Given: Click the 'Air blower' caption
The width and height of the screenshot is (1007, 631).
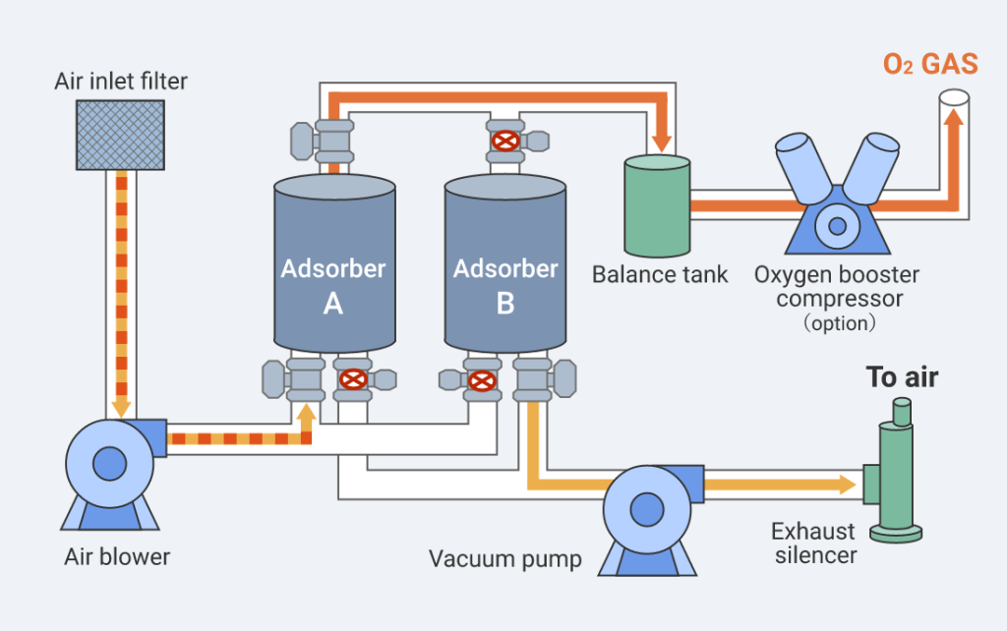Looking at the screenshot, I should pos(117,557).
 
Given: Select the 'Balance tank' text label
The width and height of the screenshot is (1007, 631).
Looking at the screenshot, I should pos(660,274).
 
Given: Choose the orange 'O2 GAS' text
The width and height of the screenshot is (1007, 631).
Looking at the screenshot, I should pos(929,66).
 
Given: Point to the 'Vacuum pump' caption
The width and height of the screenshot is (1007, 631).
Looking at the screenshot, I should pos(505,559).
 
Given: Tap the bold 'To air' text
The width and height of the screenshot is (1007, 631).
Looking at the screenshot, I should pos(902,377).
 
